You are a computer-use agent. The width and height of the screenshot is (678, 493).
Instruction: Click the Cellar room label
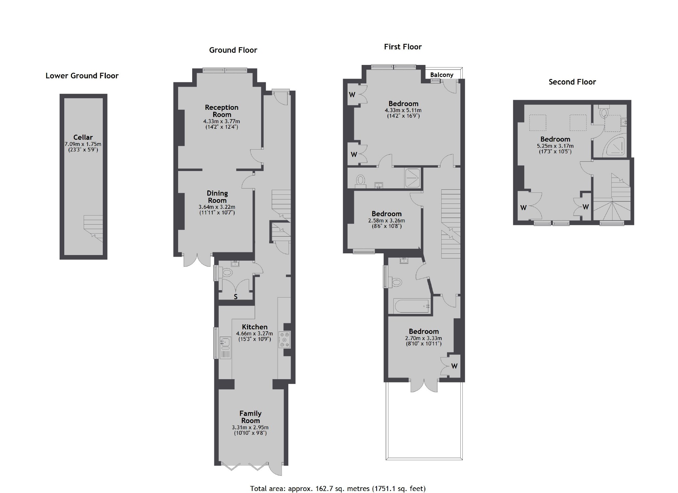(83, 137)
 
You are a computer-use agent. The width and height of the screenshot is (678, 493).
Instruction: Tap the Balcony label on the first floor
(442, 75)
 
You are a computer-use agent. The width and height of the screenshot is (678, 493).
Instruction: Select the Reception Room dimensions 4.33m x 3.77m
(222, 121)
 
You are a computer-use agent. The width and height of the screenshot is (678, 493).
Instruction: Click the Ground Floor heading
(233, 50)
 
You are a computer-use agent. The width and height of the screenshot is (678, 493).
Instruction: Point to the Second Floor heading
(572, 82)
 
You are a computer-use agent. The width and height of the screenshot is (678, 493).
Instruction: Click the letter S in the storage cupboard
(236, 297)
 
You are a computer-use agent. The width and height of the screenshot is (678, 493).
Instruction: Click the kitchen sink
(225, 342)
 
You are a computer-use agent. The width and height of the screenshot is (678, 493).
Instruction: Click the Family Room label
(250, 417)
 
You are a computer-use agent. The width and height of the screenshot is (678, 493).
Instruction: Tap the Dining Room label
(217, 197)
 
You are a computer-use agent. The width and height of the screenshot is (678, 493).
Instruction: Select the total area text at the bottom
(338, 488)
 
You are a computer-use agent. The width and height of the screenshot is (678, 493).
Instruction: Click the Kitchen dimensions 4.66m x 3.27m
(254, 334)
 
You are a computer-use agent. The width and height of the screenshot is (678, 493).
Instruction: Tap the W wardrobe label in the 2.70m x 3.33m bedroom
(454, 366)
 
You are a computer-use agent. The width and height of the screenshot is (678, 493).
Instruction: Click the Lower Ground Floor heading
(82, 76)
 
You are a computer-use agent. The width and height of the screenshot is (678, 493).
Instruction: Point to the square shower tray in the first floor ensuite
(412, 178)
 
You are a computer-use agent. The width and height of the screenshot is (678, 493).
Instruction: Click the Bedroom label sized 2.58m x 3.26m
(387, 214)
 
